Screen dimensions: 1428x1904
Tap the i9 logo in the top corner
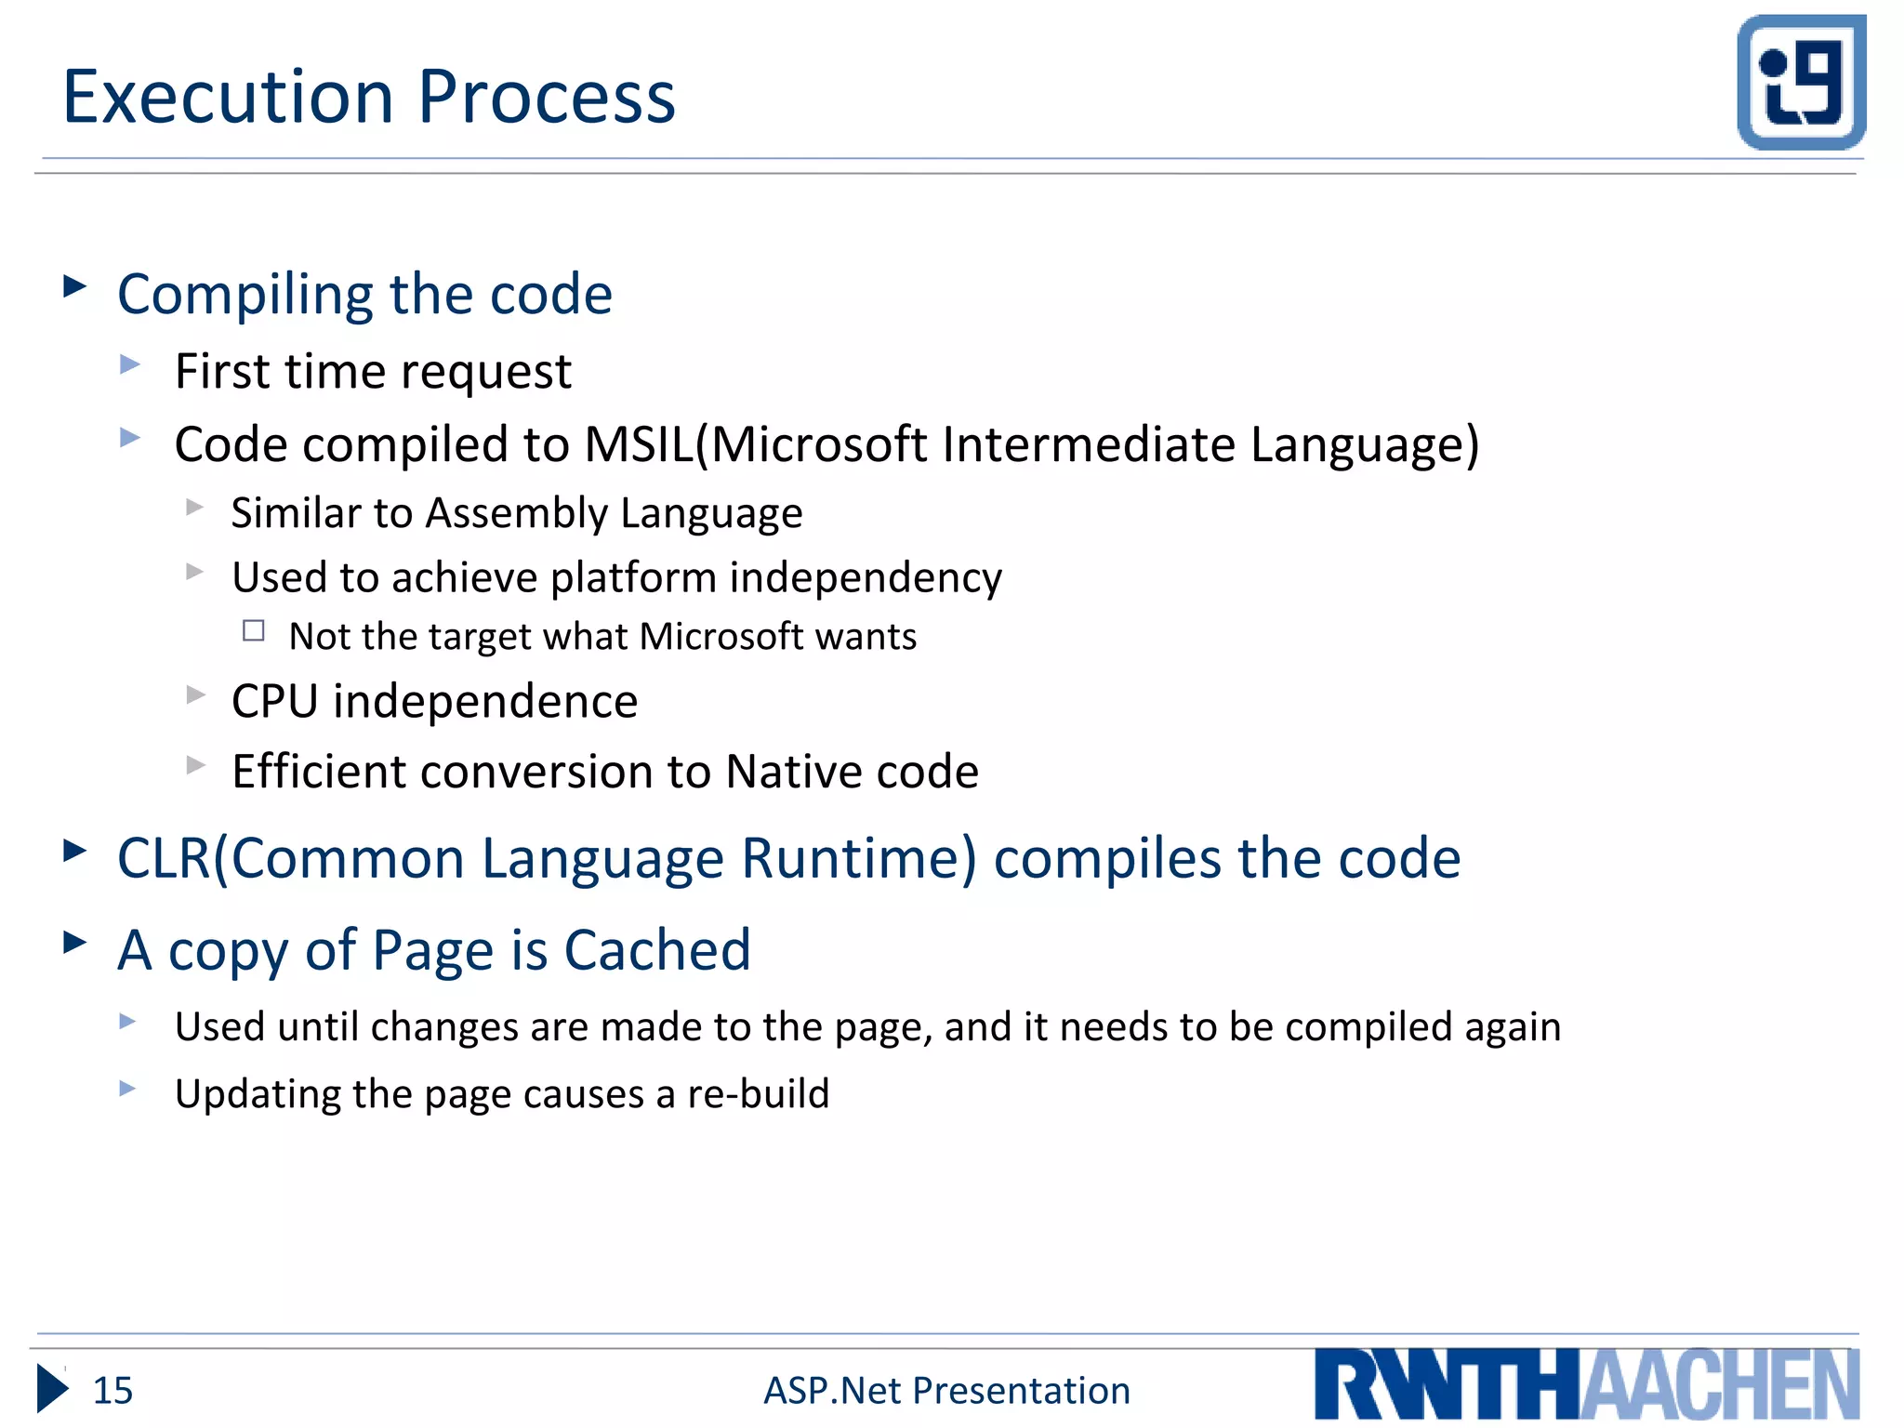coord(1801,82)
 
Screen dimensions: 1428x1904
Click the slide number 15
coord(112,1390)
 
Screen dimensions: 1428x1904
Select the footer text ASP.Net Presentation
coord(946,1390)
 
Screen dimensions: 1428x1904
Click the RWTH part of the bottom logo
coord(1447,1385)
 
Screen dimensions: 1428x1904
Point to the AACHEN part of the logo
coord(1720,1385)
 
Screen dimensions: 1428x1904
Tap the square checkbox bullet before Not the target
coord(254,631)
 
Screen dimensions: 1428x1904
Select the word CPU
coord(275,701)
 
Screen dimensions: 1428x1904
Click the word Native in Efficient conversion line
coord(779,772)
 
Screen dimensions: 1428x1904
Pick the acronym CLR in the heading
coord(164,857)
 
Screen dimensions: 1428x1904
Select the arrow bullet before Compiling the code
coord(75,285)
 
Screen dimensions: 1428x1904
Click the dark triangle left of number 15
coord(52,1389)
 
